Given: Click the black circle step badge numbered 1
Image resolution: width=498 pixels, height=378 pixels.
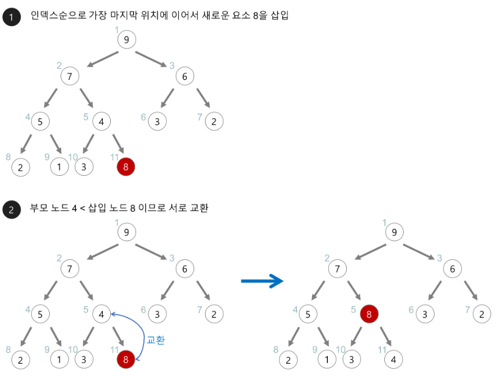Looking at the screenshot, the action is (11, 17).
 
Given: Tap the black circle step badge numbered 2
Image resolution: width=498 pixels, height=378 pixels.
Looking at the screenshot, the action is (11, 209).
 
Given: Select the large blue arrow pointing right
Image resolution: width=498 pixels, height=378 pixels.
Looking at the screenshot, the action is (262, 280).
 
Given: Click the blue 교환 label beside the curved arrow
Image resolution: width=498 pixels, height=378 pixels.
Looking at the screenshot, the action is (155, 340).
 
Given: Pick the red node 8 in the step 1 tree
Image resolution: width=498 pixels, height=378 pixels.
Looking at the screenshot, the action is (126, 167).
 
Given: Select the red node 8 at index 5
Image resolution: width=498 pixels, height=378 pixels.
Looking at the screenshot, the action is (369, 314).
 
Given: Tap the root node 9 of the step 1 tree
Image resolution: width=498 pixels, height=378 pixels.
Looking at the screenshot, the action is (127, 39).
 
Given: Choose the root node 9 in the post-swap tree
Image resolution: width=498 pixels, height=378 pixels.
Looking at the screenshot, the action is (393, 232).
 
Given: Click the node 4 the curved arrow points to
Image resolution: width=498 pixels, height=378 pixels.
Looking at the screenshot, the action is (101, 313).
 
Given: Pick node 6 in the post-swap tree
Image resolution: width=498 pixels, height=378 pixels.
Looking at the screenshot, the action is (452, 269).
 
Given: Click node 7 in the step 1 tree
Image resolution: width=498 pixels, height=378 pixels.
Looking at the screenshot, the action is (70, 76).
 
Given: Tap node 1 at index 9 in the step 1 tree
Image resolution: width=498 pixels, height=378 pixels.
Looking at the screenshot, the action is (59, 167).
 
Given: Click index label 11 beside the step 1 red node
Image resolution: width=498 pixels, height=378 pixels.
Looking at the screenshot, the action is (114, 156).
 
